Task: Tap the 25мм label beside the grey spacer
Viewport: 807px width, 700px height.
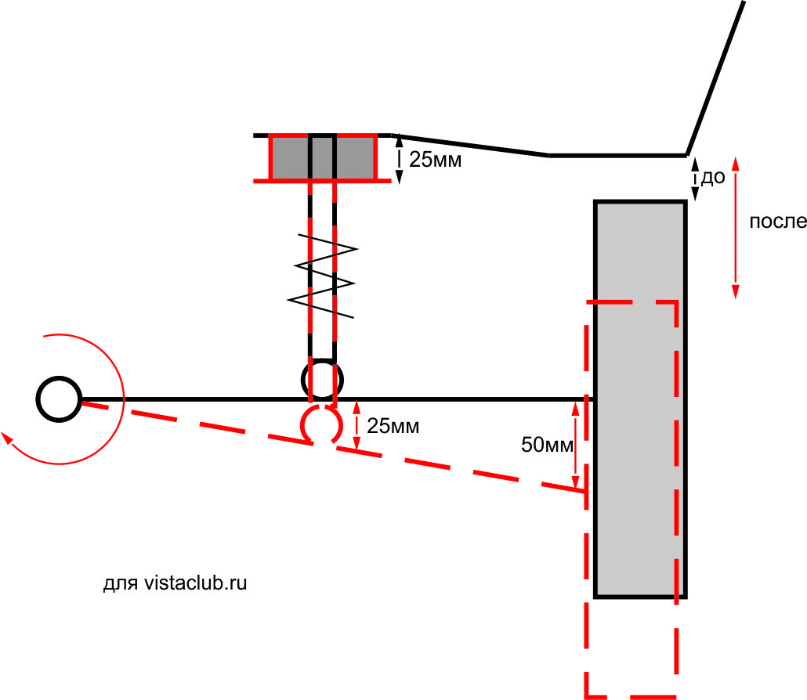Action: [436, 161]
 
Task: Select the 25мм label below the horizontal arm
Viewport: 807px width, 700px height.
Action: [393, 427]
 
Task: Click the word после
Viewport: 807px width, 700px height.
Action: [777, 222]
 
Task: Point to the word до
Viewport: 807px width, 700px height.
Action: [712, 178]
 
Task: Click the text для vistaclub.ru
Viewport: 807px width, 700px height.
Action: [176, 583]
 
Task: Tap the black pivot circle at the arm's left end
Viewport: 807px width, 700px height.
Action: [58, 399]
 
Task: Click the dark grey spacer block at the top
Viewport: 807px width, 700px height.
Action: [290, 157]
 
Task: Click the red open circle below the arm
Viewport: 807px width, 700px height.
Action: [320, 425]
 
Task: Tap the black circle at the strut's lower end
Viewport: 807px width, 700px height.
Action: [322, 380]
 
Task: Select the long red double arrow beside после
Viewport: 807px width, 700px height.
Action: [735, 227]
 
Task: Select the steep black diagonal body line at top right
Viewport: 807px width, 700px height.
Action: [715, 78]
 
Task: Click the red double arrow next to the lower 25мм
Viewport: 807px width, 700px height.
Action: [357, 425]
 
